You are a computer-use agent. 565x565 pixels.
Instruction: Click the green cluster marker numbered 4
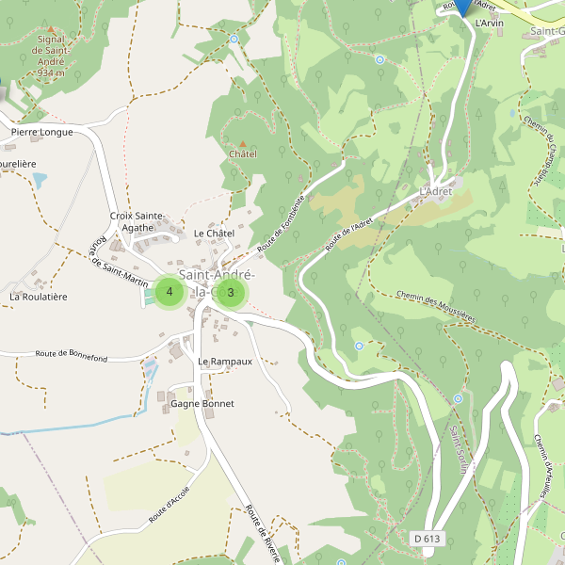coord(169,292)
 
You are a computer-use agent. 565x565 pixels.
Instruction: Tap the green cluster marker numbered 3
coord(231,292)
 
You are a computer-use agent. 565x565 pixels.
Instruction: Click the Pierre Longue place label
coord(42,133)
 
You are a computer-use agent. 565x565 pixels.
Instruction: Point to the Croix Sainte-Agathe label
coord(138,221)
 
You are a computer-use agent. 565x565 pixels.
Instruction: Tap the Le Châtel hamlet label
coord(213,233)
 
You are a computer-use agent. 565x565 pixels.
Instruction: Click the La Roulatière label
coord(39,297)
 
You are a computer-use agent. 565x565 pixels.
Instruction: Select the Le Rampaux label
coord(225,362)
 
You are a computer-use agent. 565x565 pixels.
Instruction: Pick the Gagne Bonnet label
coord(202,404)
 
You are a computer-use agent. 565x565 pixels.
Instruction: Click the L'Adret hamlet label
coord(435,191)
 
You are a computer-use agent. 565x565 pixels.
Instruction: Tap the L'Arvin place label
coord(490,23)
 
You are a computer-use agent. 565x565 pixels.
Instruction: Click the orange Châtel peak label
coord(243,153)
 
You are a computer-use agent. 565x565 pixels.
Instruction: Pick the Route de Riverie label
coord(264,532)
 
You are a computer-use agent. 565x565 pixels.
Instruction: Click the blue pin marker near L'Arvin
coord(462,5)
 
